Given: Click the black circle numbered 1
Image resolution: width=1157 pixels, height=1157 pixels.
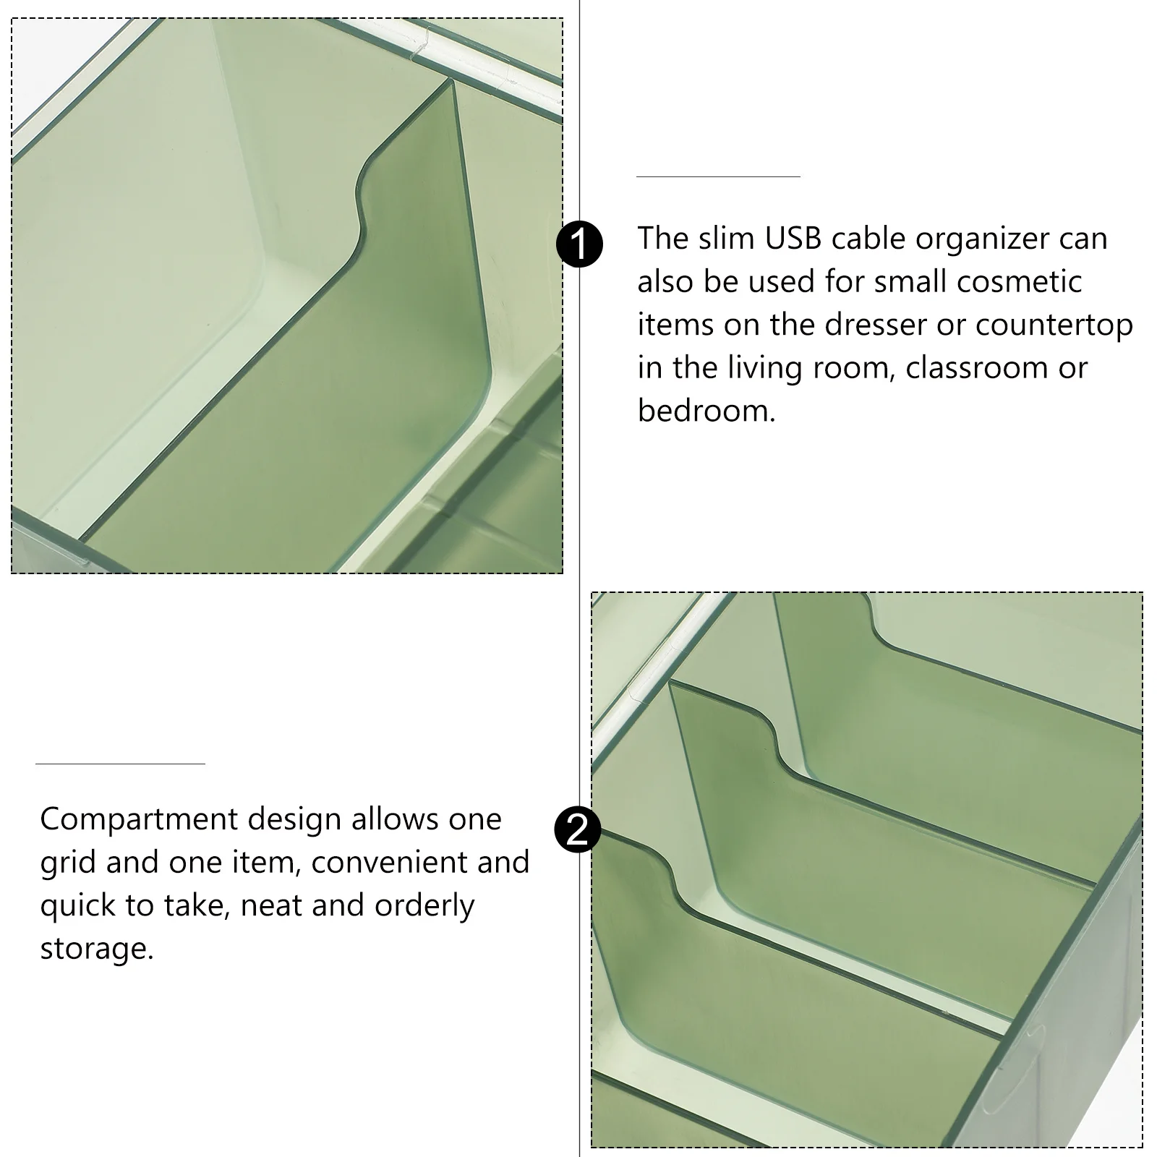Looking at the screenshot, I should [x=579, y=244].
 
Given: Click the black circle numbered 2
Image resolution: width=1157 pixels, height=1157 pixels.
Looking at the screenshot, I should [x=577, y=829].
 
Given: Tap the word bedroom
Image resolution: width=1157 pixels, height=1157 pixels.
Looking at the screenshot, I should [x=706, y=411].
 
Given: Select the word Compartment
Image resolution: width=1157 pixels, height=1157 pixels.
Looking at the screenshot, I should [x=139, y=820].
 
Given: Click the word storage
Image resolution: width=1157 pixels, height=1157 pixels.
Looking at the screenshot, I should [x=97, y=949].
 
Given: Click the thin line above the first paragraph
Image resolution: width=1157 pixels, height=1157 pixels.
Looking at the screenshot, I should [x=718, y=176].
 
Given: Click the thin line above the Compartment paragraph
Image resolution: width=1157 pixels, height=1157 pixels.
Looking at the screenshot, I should [x=120, y=764].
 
